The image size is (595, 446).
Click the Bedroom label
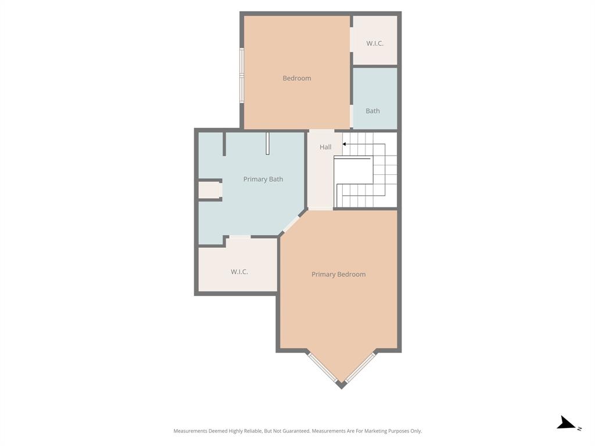(x=296, y=78)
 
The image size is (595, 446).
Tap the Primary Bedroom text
(x=338, y=275)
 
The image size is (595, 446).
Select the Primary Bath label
(x=263, y=179)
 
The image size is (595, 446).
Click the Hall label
(x=325, y=148)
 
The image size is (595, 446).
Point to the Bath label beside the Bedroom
(x=372, y=111)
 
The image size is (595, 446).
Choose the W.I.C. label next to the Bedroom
(x=375, y=44)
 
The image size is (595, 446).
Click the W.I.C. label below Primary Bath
(x=239, y=272)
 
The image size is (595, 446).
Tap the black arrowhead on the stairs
(x=345, y=144)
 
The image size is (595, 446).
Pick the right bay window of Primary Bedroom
(x=361, y=367)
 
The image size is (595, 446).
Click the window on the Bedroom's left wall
(x=242, y=75)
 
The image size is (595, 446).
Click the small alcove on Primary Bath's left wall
(x=209, y=190)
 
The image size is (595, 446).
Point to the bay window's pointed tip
(x=341, y=385)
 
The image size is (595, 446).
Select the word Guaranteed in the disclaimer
(x=295, y=431)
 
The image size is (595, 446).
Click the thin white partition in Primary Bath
(x=267, y=143)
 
